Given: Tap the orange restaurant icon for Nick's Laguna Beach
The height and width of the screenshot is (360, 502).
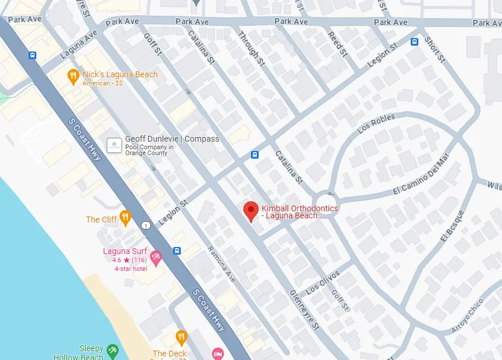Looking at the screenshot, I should (x=73, y=75).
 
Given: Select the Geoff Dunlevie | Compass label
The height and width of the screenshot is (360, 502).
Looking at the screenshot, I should (x=172, y=139).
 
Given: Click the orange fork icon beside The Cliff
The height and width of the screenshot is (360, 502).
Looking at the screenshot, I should (x=125, y=218).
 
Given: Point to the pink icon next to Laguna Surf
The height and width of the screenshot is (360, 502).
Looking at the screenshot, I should (x=156, y=257).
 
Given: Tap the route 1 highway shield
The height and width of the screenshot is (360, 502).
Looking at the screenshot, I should (x=145, y=226).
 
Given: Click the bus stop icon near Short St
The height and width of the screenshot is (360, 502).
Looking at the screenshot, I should (x=414, y=42).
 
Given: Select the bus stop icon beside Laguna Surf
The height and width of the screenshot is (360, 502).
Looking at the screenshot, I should (x=177, y=251).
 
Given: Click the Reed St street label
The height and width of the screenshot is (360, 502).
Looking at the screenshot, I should (x=338, y=44).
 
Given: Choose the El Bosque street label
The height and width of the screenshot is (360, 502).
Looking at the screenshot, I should (x=451, y=225).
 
